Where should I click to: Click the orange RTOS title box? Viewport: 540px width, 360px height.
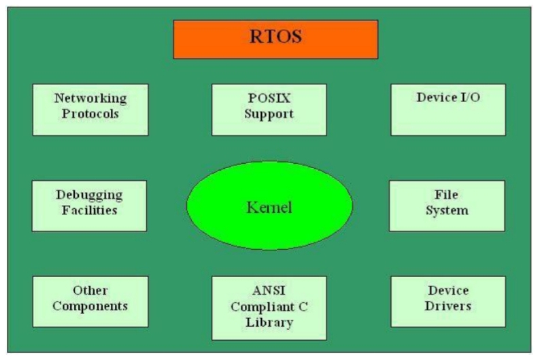pos(275,39)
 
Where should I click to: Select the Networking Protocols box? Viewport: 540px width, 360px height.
pos(90,110)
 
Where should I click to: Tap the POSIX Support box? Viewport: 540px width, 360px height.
pos(269,110)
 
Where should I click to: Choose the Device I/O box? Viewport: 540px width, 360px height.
pos(448,110)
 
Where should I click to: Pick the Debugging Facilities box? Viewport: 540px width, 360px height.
pos(89,206)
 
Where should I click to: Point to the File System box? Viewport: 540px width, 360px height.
pos(447,206)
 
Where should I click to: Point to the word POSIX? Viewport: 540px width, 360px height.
pos(269,98)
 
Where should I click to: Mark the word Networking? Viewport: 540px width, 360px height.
pos(90,98)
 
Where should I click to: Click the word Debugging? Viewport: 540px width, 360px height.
pos(89,195)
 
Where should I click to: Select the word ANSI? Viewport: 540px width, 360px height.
pos(269,291)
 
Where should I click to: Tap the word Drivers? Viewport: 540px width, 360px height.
pos(448,306)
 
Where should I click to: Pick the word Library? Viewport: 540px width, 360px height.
pos(269,323)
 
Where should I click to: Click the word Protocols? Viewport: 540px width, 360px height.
pos(90,114)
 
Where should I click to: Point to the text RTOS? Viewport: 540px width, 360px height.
pos(275,37)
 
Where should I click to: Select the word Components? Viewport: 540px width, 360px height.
pos(90,306)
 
